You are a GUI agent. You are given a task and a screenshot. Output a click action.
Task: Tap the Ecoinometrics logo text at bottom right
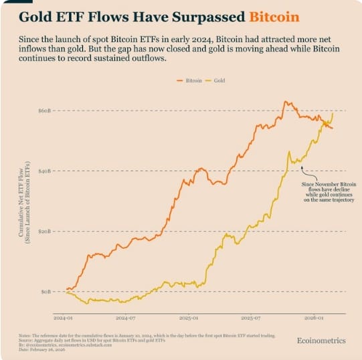tap(321, 341)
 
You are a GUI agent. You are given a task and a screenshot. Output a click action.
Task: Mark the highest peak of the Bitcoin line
tap(286, 102)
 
